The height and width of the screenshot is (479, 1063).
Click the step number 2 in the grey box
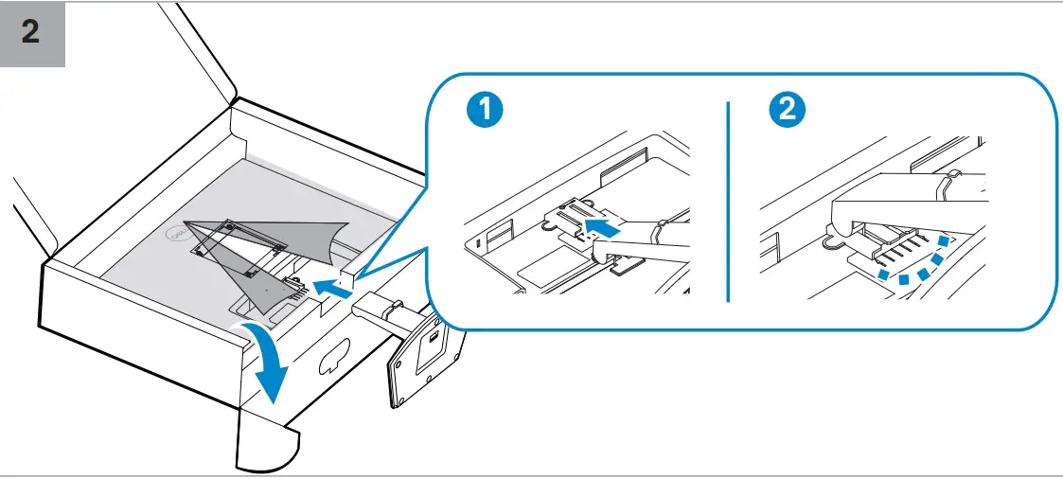coord(31,33)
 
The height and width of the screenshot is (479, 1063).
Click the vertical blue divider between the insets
coord(728,201)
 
